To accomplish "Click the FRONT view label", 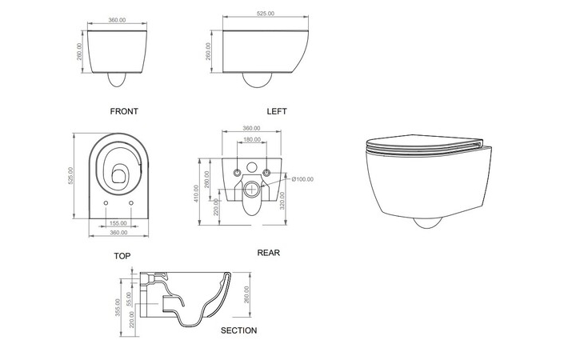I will click(x=124, y=111).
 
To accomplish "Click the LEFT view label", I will click(x=277, y=111).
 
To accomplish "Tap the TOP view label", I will click(x=122, y=255).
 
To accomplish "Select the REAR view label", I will click(x=268, y=253).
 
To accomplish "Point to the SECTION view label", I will click(x=238, y=330).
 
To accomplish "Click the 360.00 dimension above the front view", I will click(x=117, y=20).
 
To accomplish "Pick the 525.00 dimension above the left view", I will click(x=265, y=14).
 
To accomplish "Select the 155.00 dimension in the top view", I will click(x=118, y=223).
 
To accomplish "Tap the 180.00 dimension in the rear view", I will click(x=251, y=139).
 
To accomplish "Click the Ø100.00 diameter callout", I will click(x=302, y=179).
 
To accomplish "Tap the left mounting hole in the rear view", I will click(x=236, y=173).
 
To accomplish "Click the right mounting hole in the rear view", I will click(x=266, y=173).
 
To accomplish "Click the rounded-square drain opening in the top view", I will click(x=118, y=174).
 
